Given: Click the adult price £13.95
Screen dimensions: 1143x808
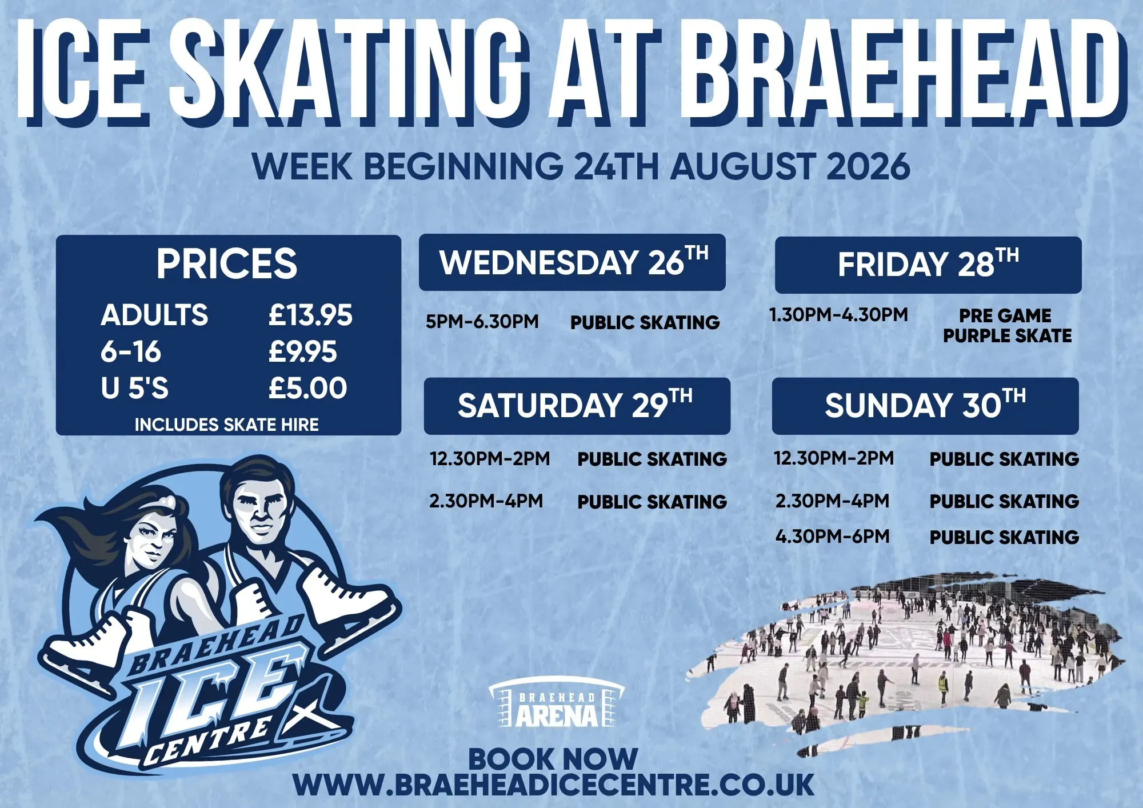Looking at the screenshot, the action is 310,315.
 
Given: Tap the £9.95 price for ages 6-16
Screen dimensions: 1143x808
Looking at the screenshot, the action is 303,351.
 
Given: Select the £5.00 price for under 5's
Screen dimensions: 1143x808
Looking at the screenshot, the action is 307,388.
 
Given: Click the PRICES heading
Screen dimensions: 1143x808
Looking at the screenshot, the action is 227,263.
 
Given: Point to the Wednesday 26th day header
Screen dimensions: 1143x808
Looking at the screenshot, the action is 572,262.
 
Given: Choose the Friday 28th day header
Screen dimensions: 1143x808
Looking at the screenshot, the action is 928,265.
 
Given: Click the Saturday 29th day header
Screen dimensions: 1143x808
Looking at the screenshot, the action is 577,406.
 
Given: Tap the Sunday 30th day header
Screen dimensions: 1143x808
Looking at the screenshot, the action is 925,406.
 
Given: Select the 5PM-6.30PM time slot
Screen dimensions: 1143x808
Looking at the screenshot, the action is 482,321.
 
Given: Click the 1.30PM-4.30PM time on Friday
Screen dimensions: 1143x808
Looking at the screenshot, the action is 838,314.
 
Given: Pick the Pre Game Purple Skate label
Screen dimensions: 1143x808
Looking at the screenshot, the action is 1007,326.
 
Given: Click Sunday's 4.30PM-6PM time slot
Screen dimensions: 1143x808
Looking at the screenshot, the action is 832,536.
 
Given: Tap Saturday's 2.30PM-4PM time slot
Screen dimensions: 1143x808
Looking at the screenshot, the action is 486,501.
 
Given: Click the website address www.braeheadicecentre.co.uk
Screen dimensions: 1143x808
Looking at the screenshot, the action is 553,784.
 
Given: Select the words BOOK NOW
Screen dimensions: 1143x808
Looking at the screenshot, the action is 553,759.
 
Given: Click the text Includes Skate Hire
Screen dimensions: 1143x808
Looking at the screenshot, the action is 226,425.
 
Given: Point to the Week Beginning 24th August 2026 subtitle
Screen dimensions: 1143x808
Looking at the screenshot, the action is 581,166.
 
